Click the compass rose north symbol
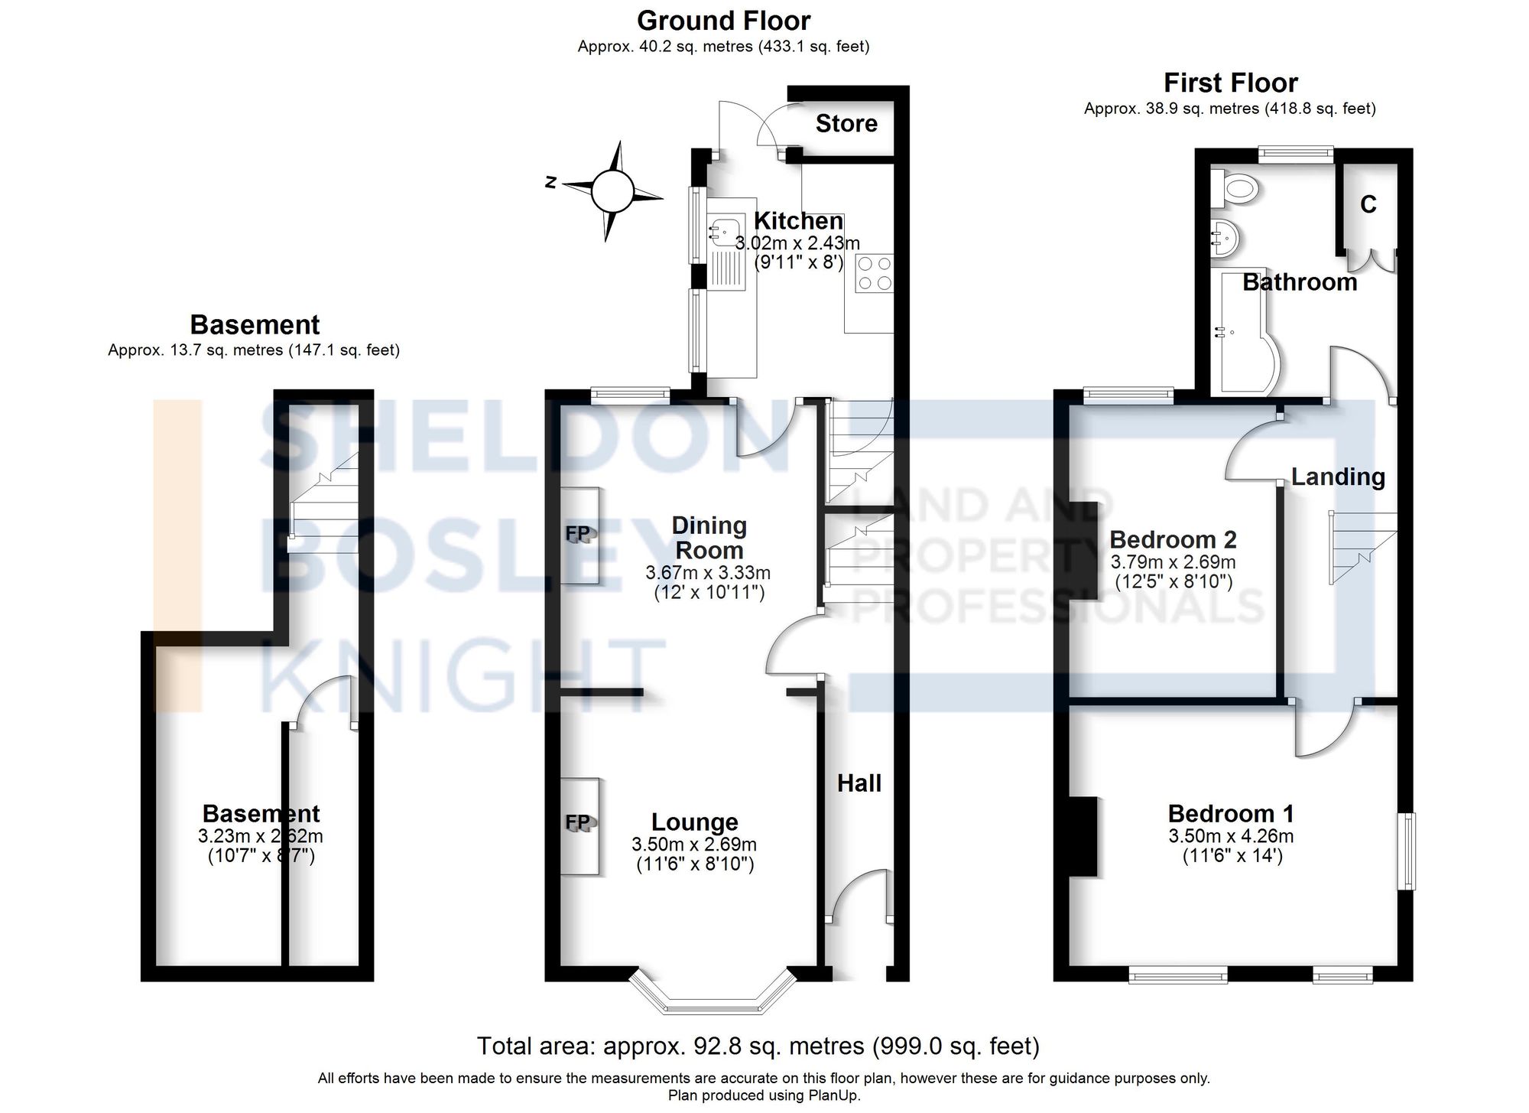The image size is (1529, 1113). pyautogui.click(x=550, y=182)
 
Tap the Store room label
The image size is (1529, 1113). pyautogui.click(x=846, y=124)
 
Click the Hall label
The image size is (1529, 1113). pyautogui.click(x=859, y=783)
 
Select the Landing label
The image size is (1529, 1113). pyautogui.click(x=1338, y=477)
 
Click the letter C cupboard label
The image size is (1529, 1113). pyautogui.click(x=1368, y=205)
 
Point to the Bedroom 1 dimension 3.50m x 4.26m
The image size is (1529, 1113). pyautogui.click(x=1231, y=836)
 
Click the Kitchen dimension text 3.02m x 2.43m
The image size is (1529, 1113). pyautogui.click(x=797, y=244)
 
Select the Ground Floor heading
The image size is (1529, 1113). pyautogui.click(x=723, y=21)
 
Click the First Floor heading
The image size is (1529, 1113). pyautogui.click(x=1230, y=83)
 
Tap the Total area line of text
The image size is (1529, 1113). pyautogui.click(x=758, y=1046)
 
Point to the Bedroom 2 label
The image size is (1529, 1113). pyautogui.click(x=1173, y=540)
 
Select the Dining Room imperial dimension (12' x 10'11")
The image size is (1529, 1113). pyautogui.click(x=709, y=592)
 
